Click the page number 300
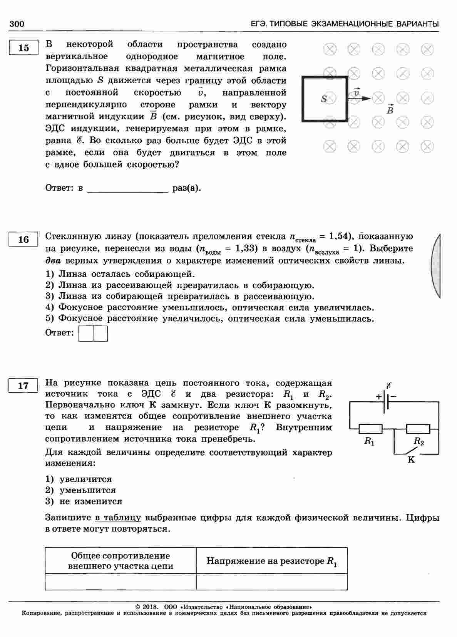point(17,24)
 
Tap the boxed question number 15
point(23,48)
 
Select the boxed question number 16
point(23,239)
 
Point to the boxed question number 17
point(23,386)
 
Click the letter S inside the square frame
point(324,99)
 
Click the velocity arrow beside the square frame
point(360,98)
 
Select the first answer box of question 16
point(86,334)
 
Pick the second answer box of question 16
point(100,334)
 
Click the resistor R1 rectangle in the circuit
point(370,429)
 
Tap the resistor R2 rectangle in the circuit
point(418,429)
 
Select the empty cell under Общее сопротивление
point(121,582)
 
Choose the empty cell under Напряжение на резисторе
point(271,582)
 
